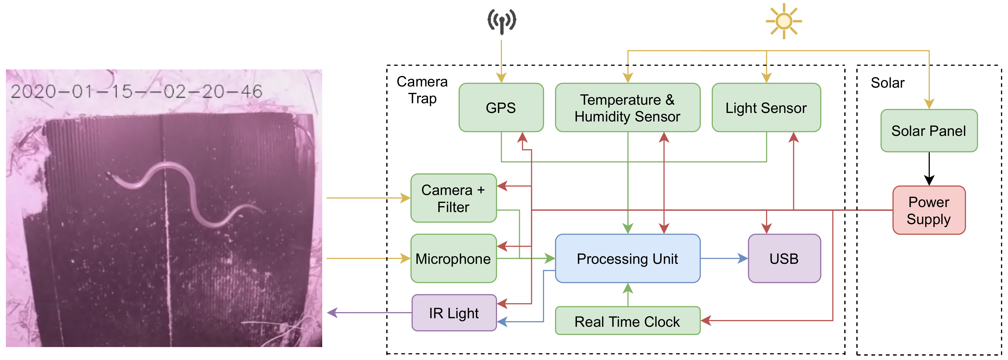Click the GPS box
[501, 108]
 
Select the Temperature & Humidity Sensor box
[627, 108]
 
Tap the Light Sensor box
[766, 108]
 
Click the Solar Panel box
[929, 131]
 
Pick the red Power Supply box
[929, 210]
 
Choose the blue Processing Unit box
[627, 258]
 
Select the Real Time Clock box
[627, 321]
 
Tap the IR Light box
[454, 313]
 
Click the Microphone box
[453, 258]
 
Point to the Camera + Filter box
[453, 198]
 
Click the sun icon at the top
[784, 21]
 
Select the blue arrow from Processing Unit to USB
[724, 258]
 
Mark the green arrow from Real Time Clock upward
[628, 294]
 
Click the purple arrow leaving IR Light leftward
[368, 313]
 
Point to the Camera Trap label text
[422, 90]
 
